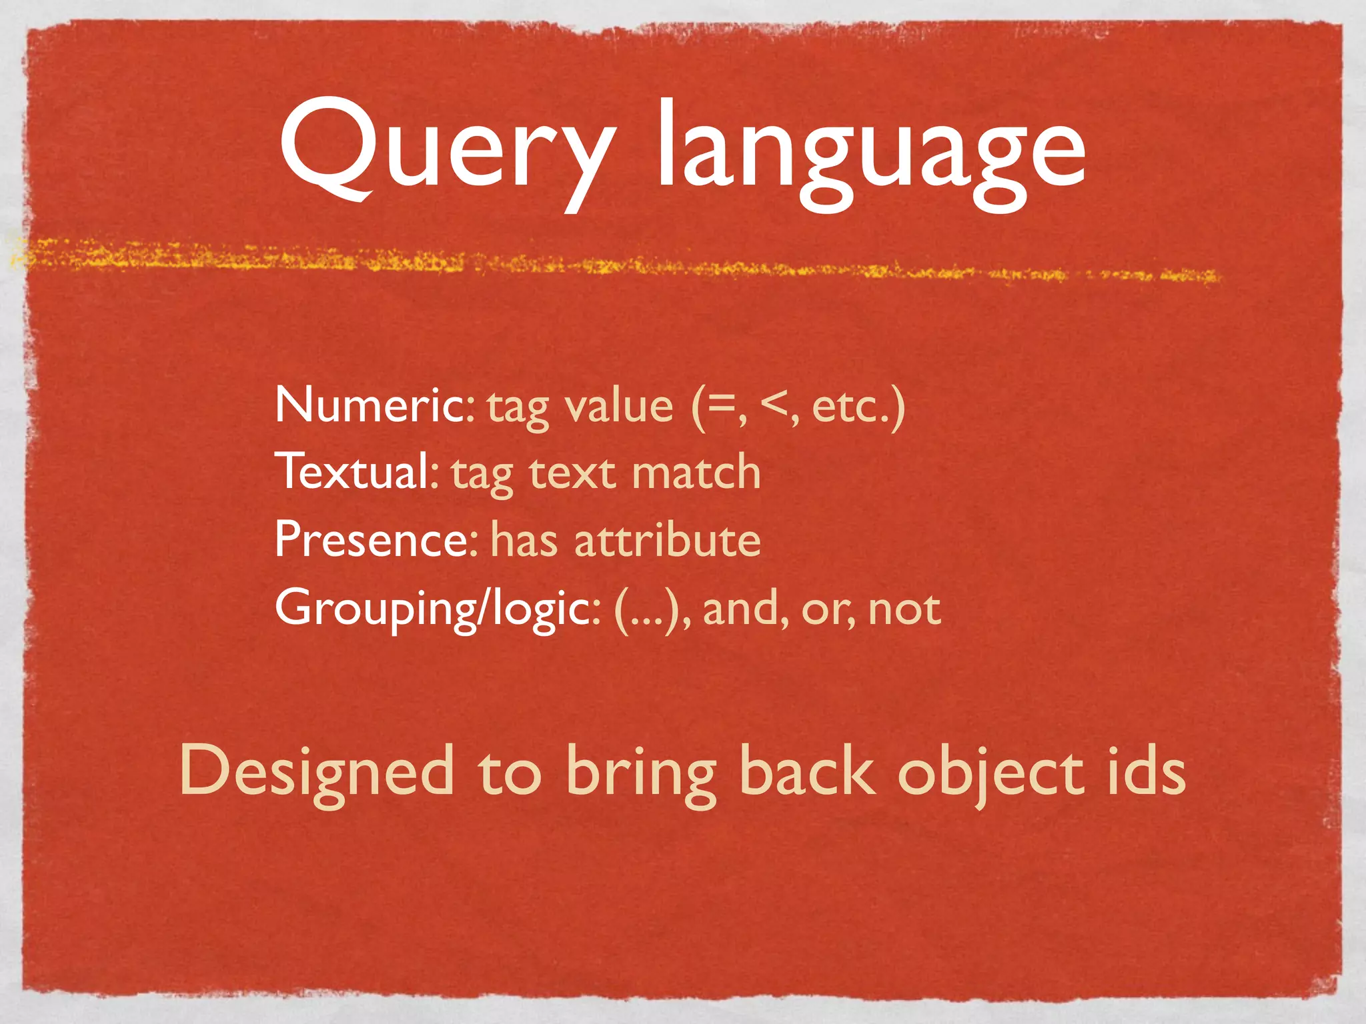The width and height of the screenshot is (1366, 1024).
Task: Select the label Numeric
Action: (x=371, y=405)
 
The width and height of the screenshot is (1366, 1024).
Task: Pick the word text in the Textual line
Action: (x=572, y=474)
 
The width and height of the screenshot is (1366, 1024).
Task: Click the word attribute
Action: (x=667, y=539)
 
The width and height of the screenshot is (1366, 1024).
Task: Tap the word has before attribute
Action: (x=524, y=539)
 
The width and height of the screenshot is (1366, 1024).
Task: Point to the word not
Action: (x=904, y=609)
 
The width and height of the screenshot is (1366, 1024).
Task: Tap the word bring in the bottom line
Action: (x=640, y=773)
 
